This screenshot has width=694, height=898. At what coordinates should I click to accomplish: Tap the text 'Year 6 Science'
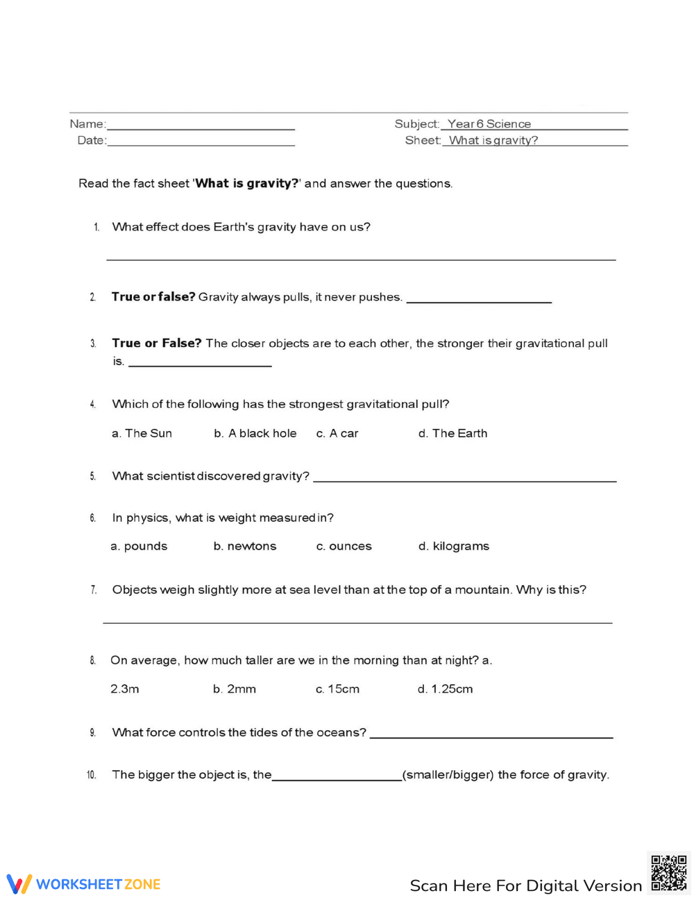[x=489, y=124]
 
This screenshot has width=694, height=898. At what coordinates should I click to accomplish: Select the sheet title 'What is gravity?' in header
[x=493, y=140]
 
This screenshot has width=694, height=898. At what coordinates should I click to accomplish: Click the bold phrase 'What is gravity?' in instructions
[x=246, y=183]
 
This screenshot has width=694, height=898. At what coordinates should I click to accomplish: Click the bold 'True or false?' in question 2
[x=153, y=297]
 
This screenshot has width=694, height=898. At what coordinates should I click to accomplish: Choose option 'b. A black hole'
[x=255, y=433]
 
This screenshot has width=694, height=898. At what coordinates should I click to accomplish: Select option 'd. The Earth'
[x=452, y=433]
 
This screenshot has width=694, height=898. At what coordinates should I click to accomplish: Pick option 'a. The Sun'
[x=142, y=433]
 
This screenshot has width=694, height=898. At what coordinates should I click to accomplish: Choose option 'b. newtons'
[x=244, y=546]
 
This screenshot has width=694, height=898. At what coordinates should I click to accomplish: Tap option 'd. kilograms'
[x=453, y=546]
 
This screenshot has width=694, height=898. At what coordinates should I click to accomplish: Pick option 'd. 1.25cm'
[x=445, y=689]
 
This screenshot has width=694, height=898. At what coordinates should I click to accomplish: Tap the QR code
[x=668, y=872]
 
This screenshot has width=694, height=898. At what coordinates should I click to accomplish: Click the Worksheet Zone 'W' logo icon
[x=19, y=883]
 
